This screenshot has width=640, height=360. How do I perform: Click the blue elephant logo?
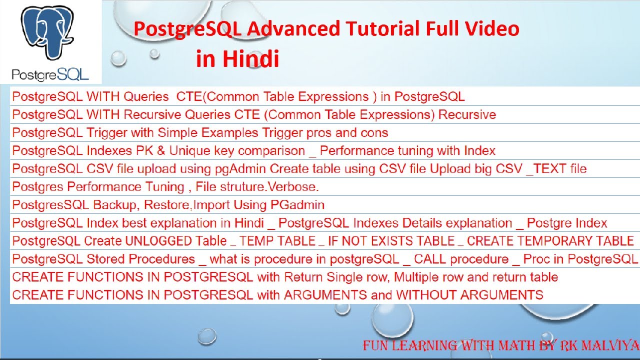pyautogui.click(x=47, y=32)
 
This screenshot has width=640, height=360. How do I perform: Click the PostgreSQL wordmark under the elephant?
pyautogui.click(x=50, y=75)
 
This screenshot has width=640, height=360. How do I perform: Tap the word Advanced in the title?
pyautogui.click(x=293, y=29)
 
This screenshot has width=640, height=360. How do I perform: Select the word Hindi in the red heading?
pyautogui.click(x=251, y=58)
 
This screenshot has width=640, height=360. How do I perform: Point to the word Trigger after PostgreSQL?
pyautogui.click(x=107, y=133)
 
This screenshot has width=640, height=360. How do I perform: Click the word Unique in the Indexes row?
pyautogui.click(x=189, y=151)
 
